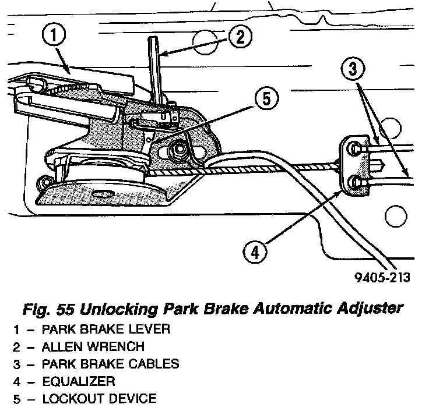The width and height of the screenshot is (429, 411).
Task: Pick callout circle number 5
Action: click(x=265, y=98)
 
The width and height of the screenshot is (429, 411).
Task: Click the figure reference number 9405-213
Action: click(x=382, y=277)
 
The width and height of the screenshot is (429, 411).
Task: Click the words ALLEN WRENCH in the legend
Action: click(x=93, y=347)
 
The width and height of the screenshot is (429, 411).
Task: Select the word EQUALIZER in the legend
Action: click(x=78, y=382)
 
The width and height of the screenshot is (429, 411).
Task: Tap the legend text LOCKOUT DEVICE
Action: click(x=99, y=399)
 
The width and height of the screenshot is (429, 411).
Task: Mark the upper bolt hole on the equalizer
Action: click(x=354, y=150)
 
